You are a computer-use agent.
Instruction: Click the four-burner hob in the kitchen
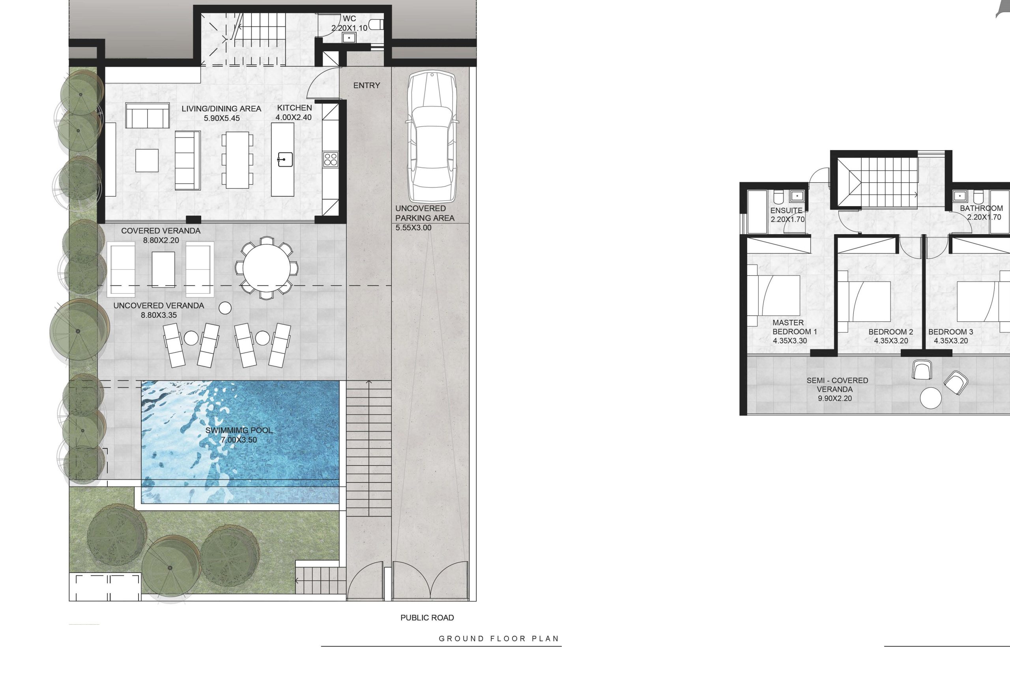click(330, 159)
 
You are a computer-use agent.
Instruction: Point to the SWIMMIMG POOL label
click(239, 430)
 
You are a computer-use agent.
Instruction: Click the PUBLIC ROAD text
click(427, 618)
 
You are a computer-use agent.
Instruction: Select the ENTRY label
click(367, 86)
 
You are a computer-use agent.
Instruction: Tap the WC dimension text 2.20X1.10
click(349, 28)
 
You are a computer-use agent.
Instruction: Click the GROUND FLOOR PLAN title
click(498, 639)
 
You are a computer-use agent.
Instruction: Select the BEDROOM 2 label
click(890, 332)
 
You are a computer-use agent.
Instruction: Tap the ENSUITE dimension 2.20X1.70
click(787, 220)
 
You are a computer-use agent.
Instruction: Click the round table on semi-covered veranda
click(930, 398)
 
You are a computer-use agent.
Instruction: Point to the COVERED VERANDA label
click(161, 231)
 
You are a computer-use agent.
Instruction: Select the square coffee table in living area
click(147, 161)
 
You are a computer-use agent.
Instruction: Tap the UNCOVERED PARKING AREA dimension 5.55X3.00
click(413, 227)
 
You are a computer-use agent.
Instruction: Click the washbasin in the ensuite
click(797, 196)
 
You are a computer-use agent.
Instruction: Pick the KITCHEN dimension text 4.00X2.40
click(294, 117)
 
